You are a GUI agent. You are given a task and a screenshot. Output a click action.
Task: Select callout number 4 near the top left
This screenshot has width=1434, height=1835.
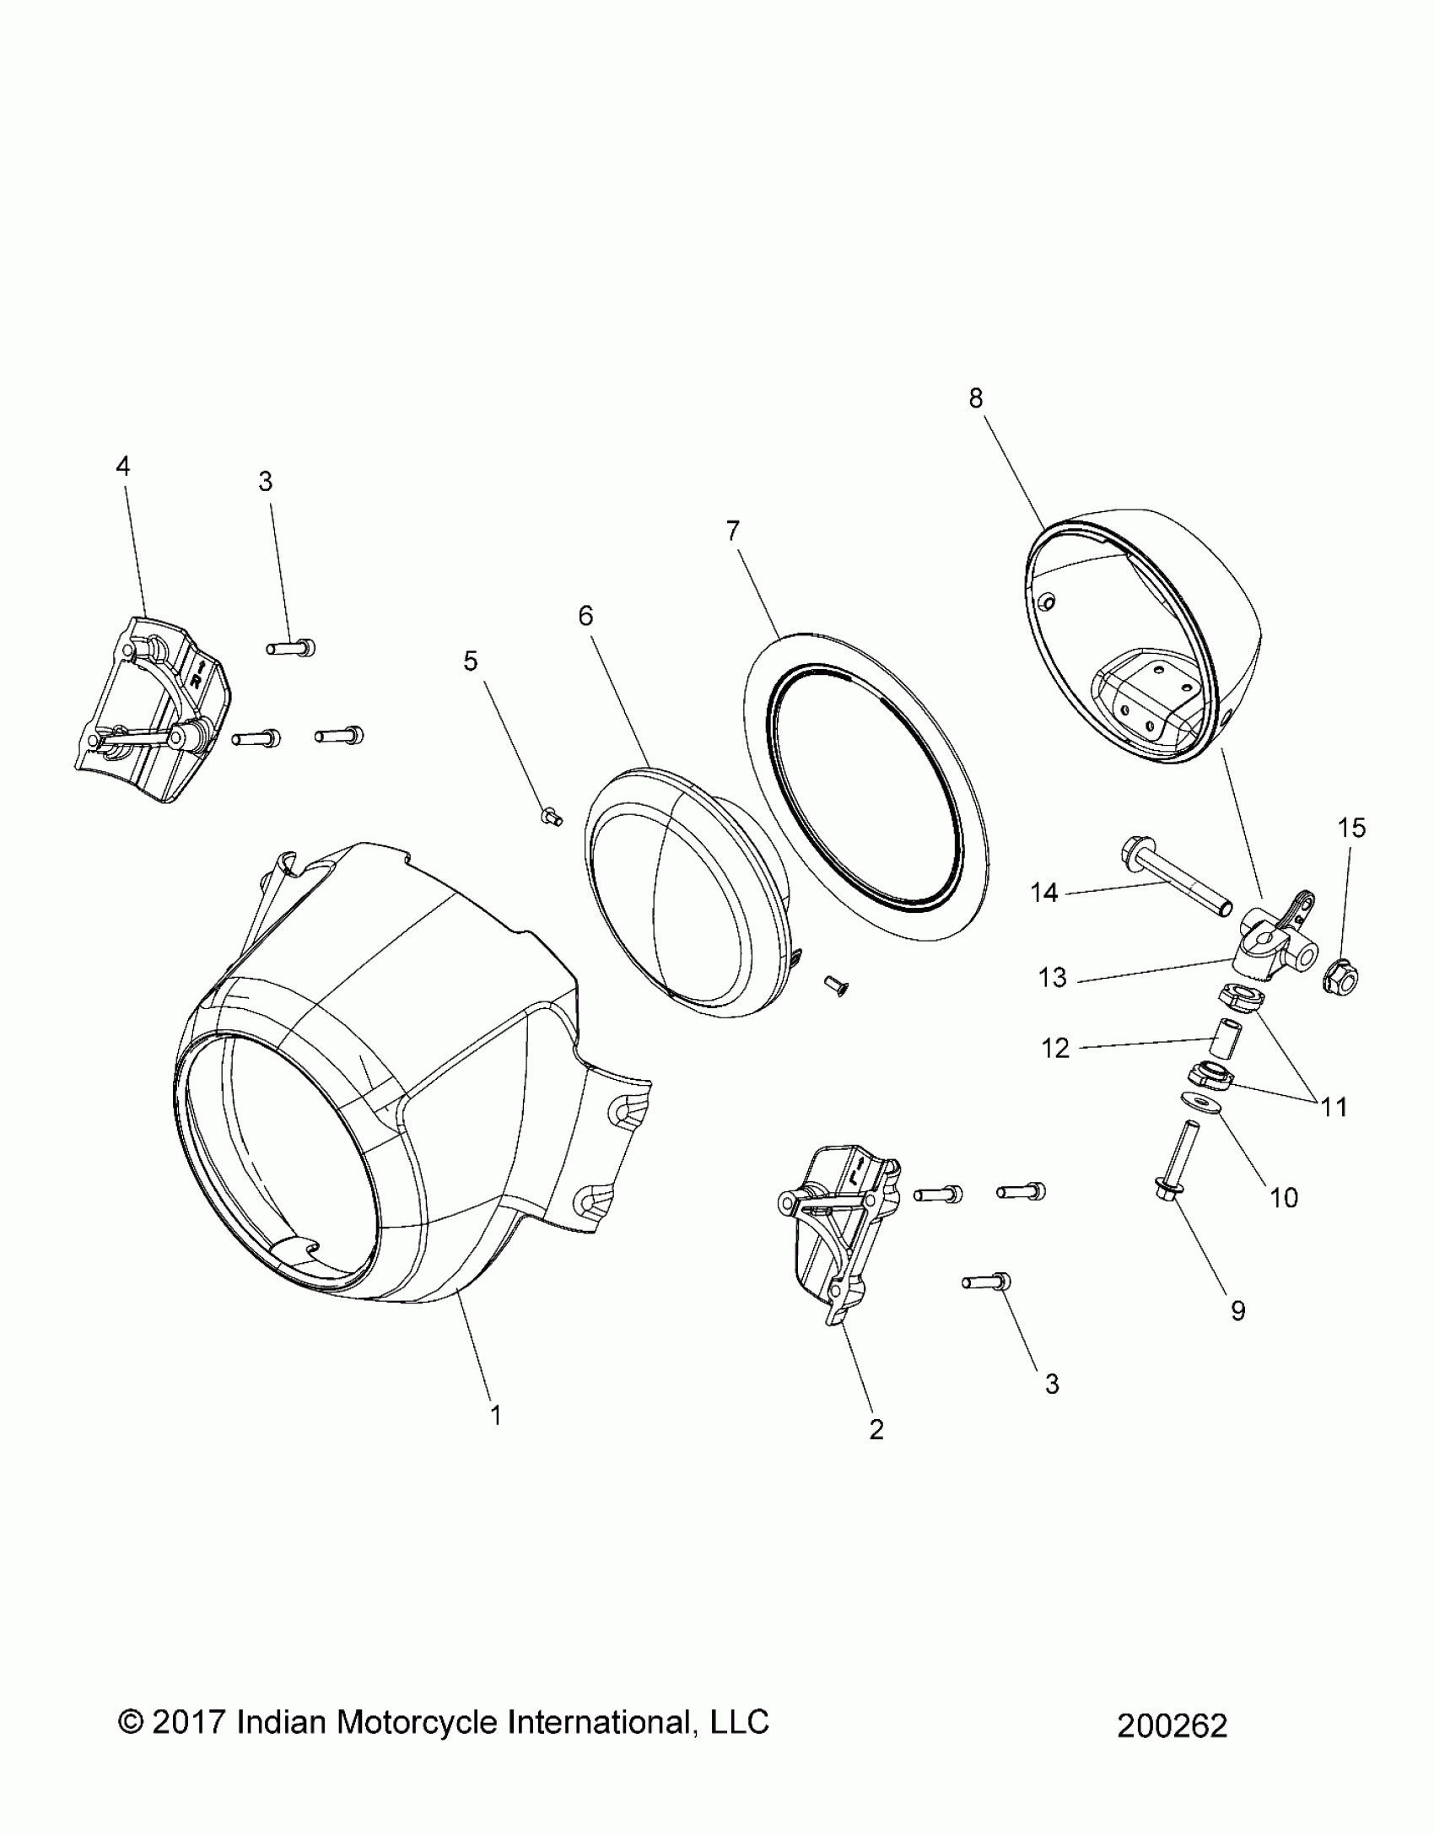123,466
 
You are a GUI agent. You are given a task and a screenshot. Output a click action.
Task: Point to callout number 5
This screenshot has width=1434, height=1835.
471,661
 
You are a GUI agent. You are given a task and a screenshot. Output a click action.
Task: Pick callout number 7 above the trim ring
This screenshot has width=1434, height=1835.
732,531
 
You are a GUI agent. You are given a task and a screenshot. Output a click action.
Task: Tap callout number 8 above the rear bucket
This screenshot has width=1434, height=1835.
976,398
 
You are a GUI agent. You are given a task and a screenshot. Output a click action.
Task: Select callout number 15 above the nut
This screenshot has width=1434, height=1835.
1351,828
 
